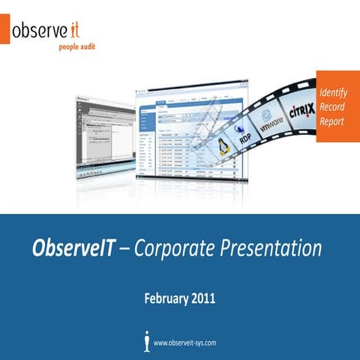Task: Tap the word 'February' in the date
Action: click(166, 298)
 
